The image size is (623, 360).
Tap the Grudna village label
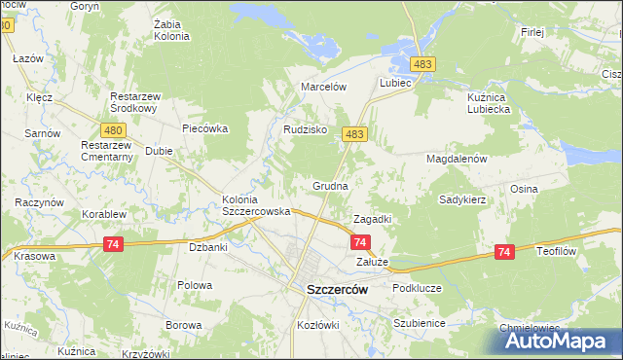[330, 184]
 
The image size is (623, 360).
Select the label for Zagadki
[372, 219]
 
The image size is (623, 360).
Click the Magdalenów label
[456, 158]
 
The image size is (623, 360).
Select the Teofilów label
[558, 249]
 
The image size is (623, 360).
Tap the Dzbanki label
[207, 247]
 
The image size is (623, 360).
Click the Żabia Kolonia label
[171, 30]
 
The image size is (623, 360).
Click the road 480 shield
[112, 129]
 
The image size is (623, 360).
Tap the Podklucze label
[417, 289]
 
